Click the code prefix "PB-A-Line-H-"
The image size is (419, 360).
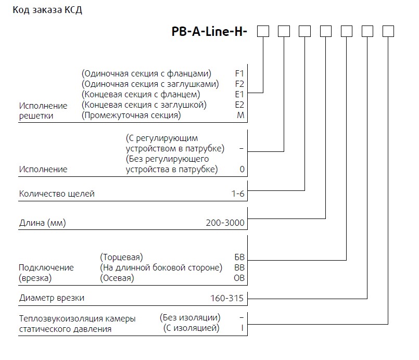tap(209, 32)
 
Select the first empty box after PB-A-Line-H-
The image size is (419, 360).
tap(263, 32)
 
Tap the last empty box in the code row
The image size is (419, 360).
tap(388, 32)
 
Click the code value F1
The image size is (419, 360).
tap(239, 73)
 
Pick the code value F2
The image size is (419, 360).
tap(239, 84)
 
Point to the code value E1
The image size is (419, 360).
tap(239, 94)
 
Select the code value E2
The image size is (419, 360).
tap(239, 105)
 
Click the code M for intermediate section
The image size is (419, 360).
tap(240, 115)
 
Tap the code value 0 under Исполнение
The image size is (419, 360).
tap(242, 170)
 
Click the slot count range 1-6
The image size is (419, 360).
tap(238, 194)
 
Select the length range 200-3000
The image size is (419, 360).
tap(225, 223)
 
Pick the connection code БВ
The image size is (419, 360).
tap(239, 257)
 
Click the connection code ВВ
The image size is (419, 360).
tap(239, 267)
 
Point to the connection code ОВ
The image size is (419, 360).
tap(239, 278)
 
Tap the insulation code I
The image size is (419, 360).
tap(242, 328)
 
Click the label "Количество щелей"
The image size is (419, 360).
tap(57, 194)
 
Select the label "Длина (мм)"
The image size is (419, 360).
tap(44, 223)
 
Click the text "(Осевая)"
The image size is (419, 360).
tap(117, 278)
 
